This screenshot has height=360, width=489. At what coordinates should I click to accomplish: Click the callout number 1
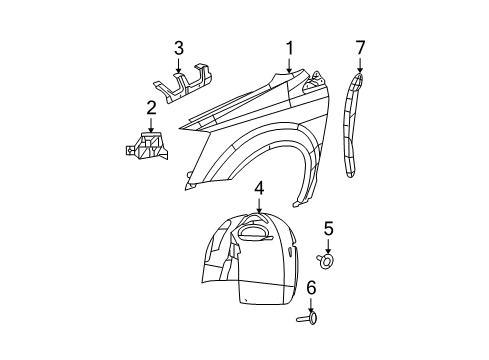coord(290,47)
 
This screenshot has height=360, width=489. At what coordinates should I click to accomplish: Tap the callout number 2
coord(151,108)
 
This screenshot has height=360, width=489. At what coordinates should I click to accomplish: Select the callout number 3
coord(179,47)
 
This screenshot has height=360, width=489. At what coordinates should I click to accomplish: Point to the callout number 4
coord(258,187)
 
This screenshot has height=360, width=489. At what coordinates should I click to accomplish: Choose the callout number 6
coord(311,288)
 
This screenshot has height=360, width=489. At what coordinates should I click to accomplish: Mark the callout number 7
coord(360,47)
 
